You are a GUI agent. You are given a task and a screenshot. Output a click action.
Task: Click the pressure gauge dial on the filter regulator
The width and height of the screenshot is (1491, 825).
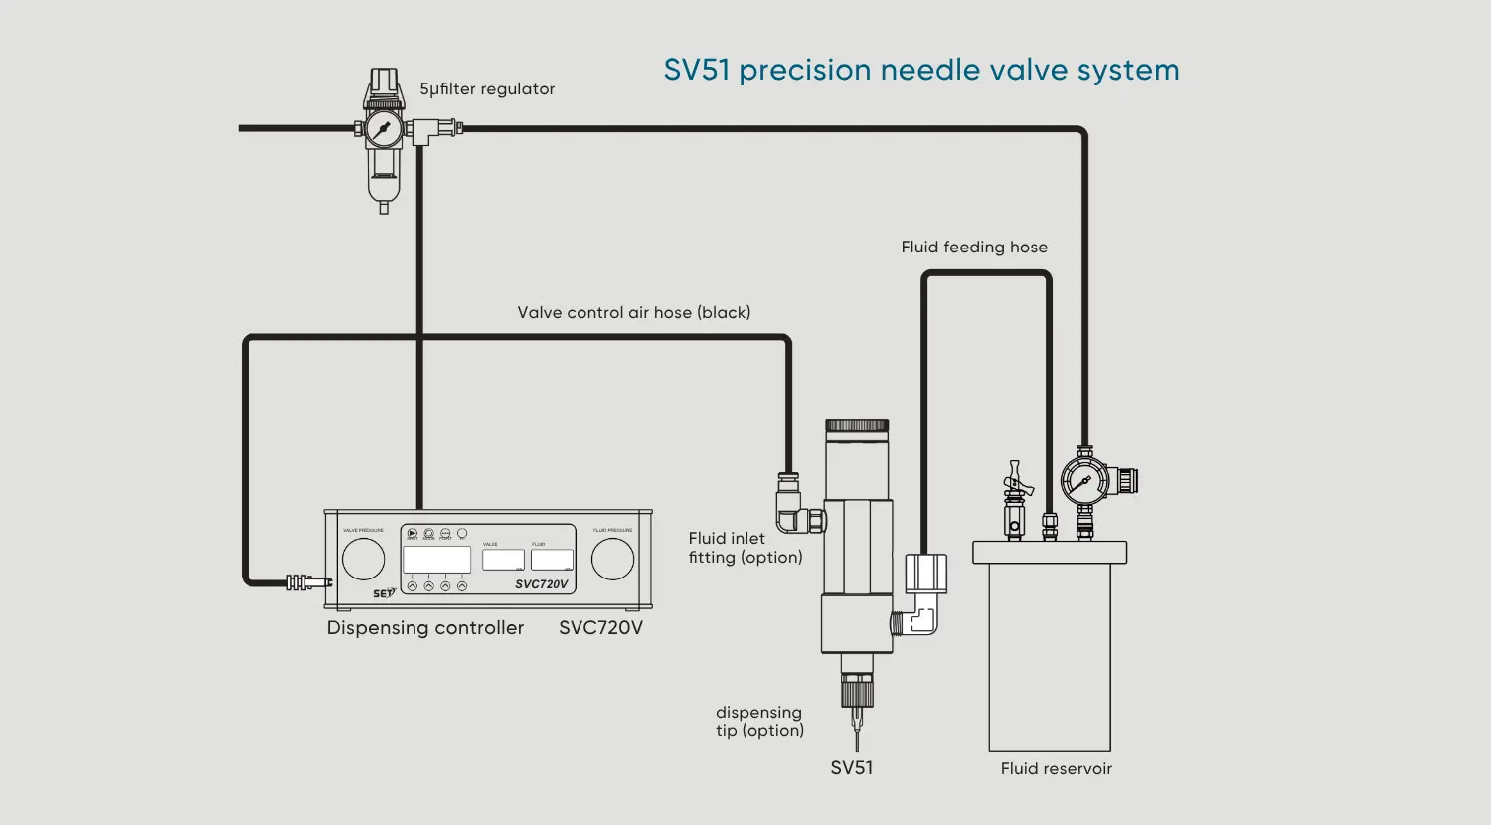click(383, 129)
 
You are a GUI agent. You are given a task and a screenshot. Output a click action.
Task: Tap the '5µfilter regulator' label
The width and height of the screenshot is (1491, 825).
click(487, 89)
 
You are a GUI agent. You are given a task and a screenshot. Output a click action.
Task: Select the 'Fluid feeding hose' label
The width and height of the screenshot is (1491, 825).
click(974, 247)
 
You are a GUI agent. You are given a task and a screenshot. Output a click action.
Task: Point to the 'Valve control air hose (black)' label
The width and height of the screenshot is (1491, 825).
click(633, 313)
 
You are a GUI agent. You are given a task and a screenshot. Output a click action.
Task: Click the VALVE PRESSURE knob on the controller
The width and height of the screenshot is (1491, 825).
click(363, 560)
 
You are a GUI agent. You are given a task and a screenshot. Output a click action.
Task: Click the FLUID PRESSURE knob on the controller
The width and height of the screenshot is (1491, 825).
click(612, 560)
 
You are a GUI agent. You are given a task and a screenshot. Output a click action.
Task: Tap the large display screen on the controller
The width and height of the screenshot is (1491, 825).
click(436, 560)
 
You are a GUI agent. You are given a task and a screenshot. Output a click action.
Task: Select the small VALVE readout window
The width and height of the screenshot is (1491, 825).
click(503, 560)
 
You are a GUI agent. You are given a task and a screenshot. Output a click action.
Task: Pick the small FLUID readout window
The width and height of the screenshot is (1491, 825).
click(552, 560)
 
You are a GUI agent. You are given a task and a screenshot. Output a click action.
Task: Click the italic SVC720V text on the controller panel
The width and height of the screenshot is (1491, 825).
click(541, 584)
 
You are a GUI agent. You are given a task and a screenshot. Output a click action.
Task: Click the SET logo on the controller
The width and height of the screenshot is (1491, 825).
click(384, 593)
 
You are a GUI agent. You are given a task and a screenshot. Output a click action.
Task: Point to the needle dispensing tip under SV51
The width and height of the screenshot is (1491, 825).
click(856, 731)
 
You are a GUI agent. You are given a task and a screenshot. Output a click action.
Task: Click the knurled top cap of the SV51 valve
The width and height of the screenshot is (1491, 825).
click(857, 426)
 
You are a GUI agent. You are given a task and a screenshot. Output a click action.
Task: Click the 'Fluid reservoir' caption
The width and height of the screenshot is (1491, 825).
click(1056, 769)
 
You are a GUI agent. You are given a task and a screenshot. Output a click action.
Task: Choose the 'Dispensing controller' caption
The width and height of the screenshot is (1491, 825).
click(424, 628)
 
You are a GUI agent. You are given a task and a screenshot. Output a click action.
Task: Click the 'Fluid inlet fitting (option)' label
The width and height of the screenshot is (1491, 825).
click(745, 548)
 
